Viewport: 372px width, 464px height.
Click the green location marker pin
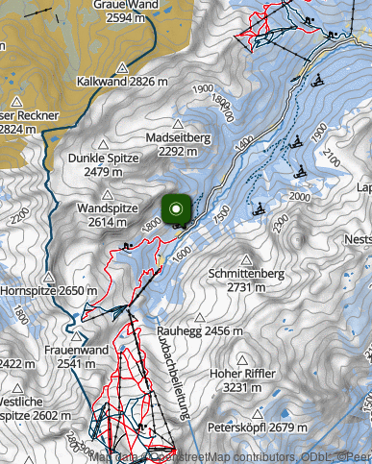(176, 210)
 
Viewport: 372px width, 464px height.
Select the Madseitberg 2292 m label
(177, 143)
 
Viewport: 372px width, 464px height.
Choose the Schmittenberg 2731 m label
(245, 280)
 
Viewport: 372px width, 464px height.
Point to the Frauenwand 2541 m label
(76, 356)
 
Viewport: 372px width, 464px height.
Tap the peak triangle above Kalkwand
(122, 67)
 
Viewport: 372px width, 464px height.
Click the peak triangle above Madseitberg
(177, 124)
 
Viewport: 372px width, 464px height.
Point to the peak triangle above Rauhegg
(199, 317)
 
